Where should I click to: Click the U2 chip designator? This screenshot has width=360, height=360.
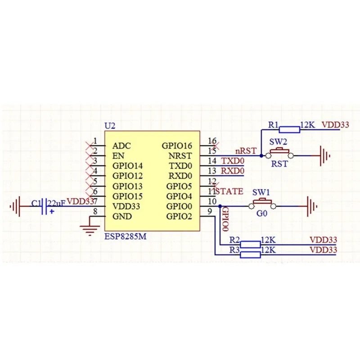110,126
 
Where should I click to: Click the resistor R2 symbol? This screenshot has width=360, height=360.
250,245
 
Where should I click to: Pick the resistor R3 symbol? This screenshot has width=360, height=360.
250,255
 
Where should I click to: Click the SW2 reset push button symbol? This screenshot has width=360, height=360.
279,153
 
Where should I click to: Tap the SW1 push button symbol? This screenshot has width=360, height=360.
261,204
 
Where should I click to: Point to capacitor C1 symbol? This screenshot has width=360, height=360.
45,207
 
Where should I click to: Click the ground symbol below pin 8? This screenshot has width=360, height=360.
90,229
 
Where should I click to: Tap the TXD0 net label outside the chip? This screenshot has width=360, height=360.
232,161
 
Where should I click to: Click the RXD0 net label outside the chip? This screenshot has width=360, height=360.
232,171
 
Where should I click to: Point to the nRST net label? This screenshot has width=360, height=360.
246,151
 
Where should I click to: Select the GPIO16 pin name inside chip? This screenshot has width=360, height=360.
177,146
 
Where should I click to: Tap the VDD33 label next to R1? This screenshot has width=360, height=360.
336,126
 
